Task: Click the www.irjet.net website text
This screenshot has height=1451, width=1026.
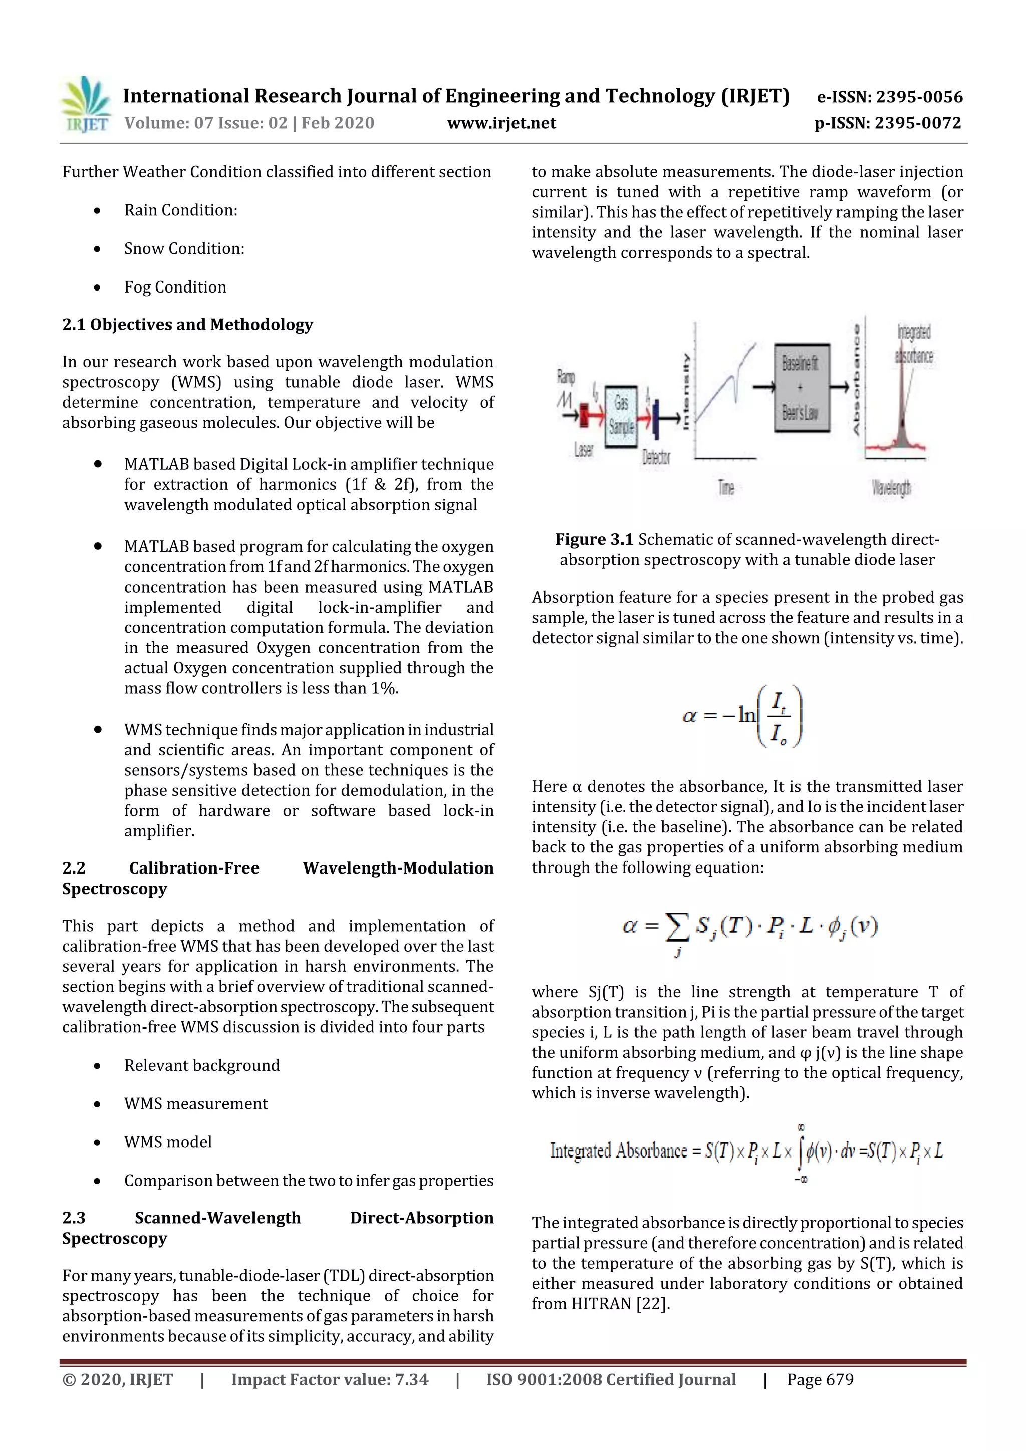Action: [x=501, y=123]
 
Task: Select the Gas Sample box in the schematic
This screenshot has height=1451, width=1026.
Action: [x=621, y=415]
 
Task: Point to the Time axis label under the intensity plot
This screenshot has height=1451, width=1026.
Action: [x=726, y=487]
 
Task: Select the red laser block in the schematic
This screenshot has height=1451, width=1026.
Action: [x=592, y=418]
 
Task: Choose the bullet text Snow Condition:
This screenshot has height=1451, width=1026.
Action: [x=184, y=248]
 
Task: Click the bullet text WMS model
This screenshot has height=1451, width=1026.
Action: [x=167, y=1142]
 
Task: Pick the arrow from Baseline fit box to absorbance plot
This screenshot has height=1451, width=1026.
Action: [x=838, y=387]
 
